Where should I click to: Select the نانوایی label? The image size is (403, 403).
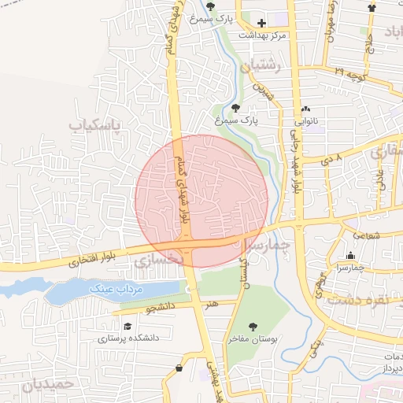(x=306, y=122)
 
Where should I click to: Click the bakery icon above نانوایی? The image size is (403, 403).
(x=306, y=109)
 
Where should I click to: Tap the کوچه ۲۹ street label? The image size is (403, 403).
(x=349, y=72)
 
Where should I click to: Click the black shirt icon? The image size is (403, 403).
(x=372, y=7)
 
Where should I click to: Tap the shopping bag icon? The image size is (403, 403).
(x=180, y=368)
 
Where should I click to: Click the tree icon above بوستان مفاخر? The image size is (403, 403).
(x=252, y=326)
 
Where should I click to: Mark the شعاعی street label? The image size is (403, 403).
(x=367, y=235)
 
